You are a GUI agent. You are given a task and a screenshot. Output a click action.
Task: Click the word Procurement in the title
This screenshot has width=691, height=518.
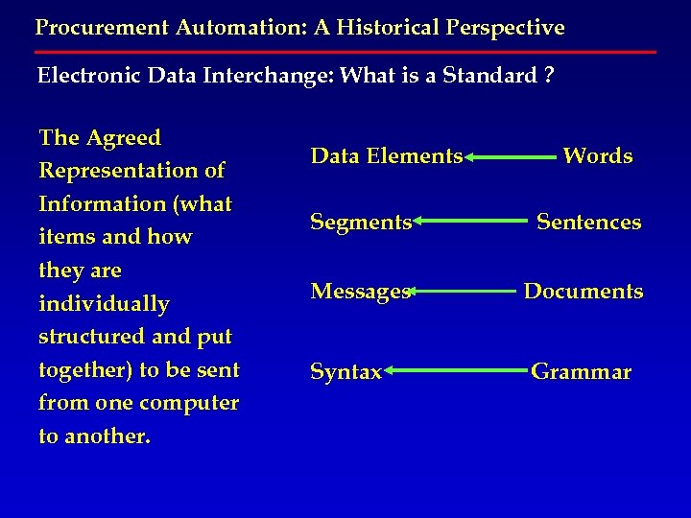click(x=94, y=27)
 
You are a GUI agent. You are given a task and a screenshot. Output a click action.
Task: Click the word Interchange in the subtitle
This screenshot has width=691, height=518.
click(x=252, y=76)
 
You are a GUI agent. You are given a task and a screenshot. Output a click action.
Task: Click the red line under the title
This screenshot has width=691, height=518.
click(x=345, y=51)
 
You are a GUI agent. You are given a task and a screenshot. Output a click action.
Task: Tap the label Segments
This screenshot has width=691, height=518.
click(x=361, y=223)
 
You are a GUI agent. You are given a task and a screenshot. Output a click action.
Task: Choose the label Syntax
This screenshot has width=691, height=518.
click(x=346, y=372)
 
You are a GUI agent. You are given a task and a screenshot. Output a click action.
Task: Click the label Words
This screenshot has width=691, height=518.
click(x=597, y=155)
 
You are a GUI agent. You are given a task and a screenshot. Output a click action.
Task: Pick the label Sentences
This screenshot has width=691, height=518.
click(x=588, y=223)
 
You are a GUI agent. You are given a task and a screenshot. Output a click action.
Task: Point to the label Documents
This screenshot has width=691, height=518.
click(x=584, y=292)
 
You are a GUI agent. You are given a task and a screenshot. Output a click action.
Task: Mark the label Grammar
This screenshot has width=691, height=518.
click(x=582, y=372)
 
